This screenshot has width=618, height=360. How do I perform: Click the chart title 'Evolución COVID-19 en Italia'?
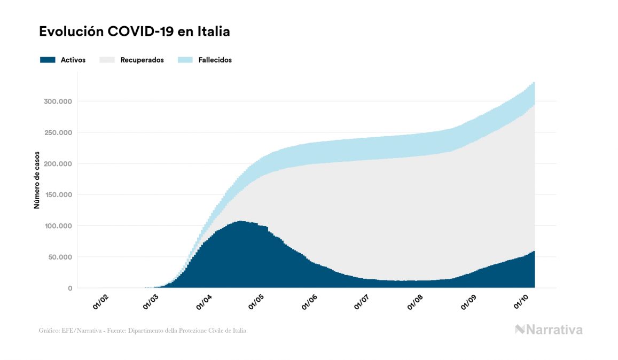134,32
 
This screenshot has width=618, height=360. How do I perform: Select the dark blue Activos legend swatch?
48,60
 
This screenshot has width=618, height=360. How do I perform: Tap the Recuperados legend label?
142,60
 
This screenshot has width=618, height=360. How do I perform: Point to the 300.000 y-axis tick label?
58,101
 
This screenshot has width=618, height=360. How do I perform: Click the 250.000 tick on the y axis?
58,132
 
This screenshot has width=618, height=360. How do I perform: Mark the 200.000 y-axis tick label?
58,163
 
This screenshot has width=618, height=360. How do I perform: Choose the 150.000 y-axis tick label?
58,195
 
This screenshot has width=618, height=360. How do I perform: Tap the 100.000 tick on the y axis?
58,226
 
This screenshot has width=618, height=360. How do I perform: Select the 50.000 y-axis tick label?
60,257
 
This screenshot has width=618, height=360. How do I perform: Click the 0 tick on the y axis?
69,288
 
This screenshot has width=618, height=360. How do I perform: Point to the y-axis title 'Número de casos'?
37,182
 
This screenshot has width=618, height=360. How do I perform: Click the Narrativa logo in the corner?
549,330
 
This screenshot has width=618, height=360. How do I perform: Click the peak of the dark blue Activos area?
241,222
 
